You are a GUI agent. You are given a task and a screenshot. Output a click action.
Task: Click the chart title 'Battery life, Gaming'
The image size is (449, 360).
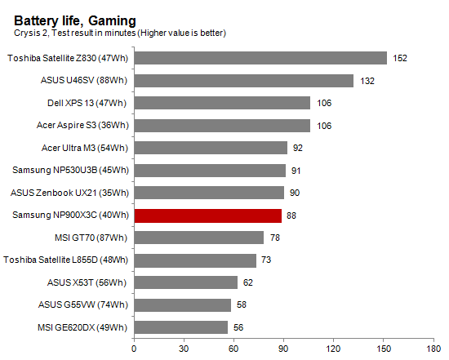click(75, 20)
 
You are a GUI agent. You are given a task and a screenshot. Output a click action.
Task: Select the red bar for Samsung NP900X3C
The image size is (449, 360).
click(207, 216)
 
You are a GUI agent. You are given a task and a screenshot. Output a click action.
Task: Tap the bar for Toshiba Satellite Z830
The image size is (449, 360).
click(260, 58)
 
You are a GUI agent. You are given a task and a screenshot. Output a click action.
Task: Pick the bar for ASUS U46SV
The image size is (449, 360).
click(243, 81)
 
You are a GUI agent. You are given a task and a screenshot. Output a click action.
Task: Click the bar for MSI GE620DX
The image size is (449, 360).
click(180, 327)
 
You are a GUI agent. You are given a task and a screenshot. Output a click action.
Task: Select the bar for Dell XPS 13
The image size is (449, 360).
click(222, 103)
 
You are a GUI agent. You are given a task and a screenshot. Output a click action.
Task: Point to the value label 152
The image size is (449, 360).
click(399, 58)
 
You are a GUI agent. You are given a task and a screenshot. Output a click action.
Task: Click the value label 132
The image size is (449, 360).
click(367, 81)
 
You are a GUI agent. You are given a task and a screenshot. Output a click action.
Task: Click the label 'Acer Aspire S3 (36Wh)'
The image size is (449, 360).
click(82, 125)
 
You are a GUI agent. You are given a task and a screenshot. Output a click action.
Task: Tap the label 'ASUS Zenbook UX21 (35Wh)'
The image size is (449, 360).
click(71, 193)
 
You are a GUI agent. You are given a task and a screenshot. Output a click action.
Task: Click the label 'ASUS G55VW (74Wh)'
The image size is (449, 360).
click(87, 304)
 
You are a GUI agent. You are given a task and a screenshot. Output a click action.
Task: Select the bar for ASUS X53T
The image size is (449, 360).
click(185, 282)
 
